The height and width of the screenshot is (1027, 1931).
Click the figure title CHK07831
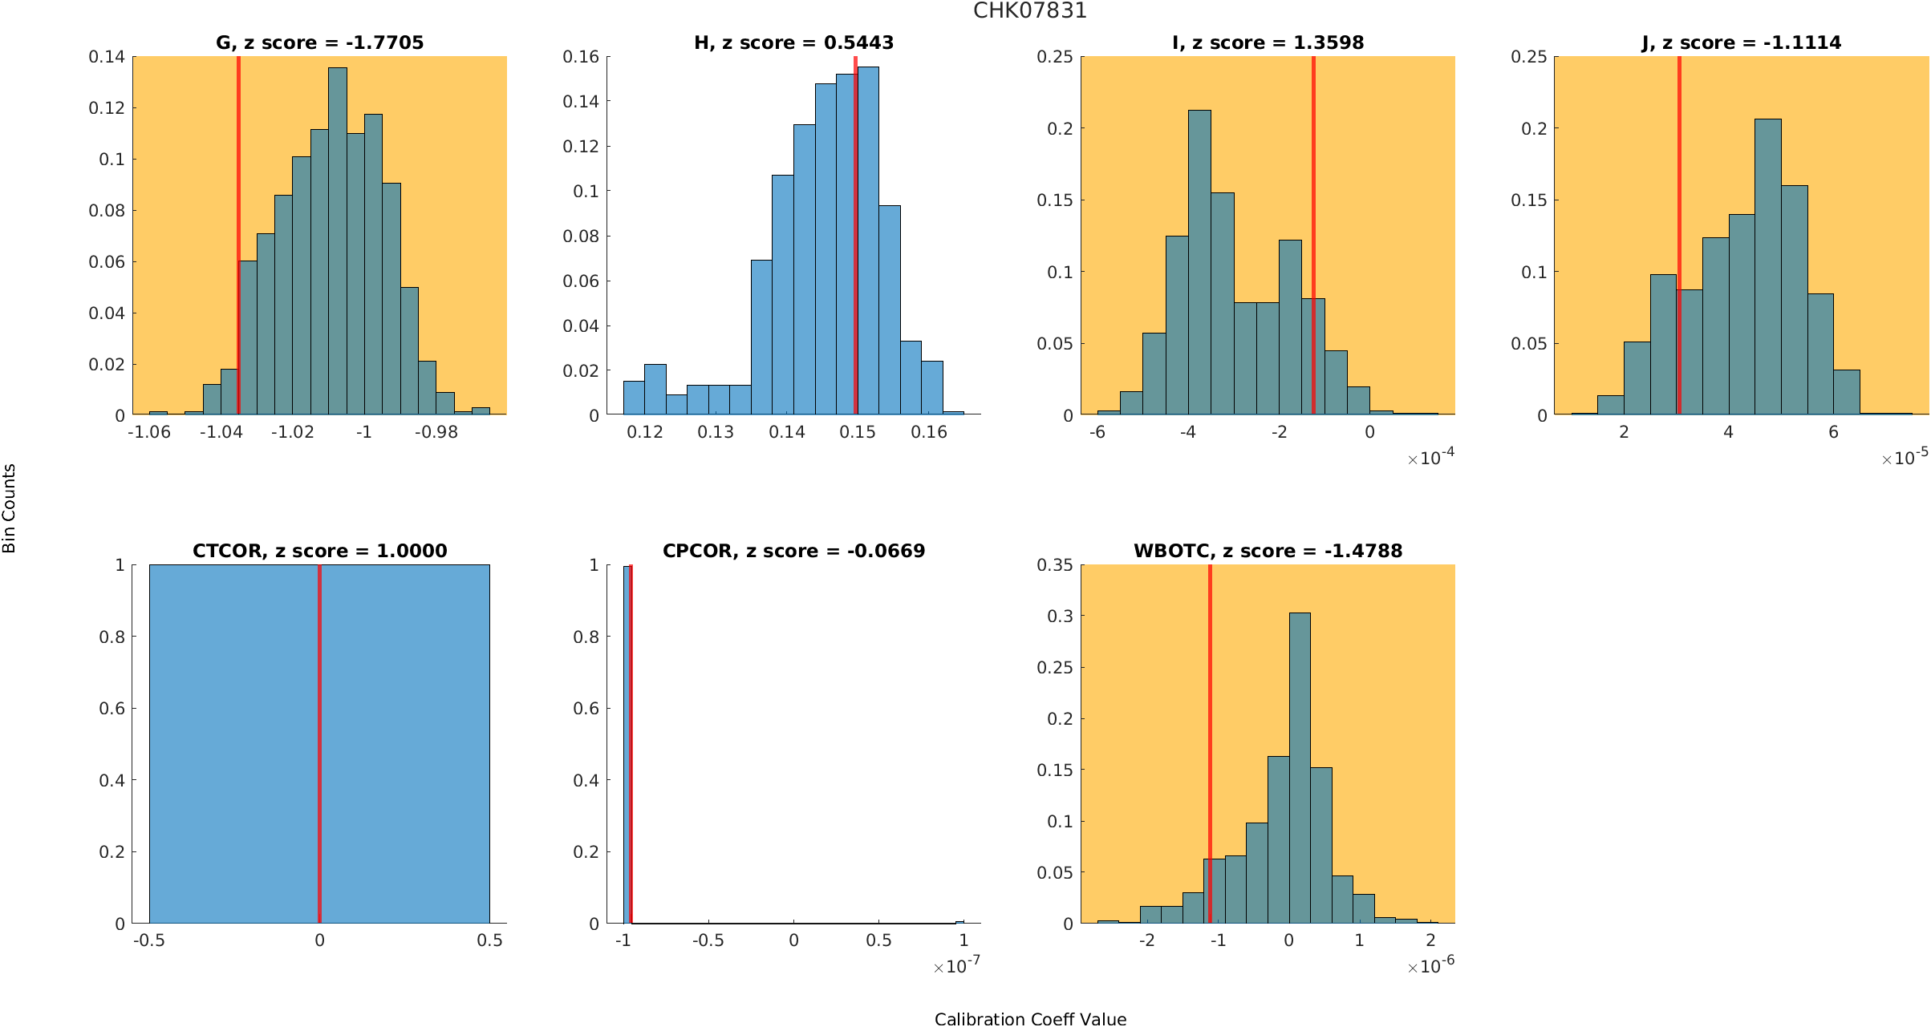coord(1029,11)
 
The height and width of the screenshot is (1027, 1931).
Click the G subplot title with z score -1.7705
coord(319,42)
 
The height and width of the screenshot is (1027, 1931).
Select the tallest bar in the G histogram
coord(338,241)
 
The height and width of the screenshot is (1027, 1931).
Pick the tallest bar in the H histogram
coord(868,241)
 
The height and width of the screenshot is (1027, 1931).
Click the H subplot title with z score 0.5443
coord(793,42)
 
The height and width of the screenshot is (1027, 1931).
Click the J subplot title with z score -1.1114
coord(1741,42)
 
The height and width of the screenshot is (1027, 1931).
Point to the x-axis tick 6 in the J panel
coord(1833,432)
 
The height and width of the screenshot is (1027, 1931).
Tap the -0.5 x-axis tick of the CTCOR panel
coord(149,940)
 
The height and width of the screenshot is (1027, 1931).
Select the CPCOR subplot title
coord(793,551)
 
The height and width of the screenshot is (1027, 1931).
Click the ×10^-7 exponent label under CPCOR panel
coord(956,966)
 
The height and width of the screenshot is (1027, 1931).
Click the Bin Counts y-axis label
coord(10,508)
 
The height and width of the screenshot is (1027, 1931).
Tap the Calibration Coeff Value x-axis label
coord(1030,1019)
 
